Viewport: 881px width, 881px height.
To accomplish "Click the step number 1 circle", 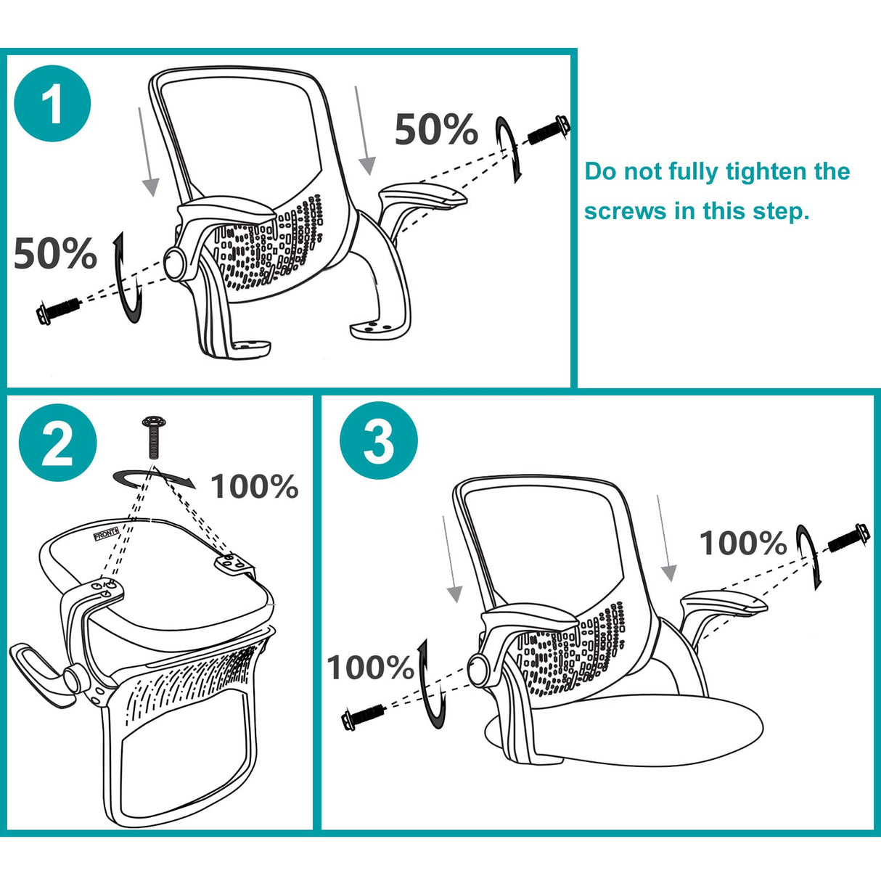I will (52, 103).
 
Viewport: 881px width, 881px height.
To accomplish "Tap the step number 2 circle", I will (57, 442).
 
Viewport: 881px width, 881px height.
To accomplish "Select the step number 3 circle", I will (378, 440).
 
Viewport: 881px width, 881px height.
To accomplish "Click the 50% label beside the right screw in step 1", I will (435, 130).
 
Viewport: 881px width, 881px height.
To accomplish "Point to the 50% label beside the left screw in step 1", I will (55, 254).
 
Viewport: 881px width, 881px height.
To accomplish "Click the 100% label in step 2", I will (254, 487).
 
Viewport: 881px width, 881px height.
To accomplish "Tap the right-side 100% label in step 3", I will (742, 544).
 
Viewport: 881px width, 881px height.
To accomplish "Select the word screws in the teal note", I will (626, 211).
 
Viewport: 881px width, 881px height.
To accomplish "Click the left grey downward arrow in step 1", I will (148, 152).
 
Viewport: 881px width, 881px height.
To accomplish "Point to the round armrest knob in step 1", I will (176, 263).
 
